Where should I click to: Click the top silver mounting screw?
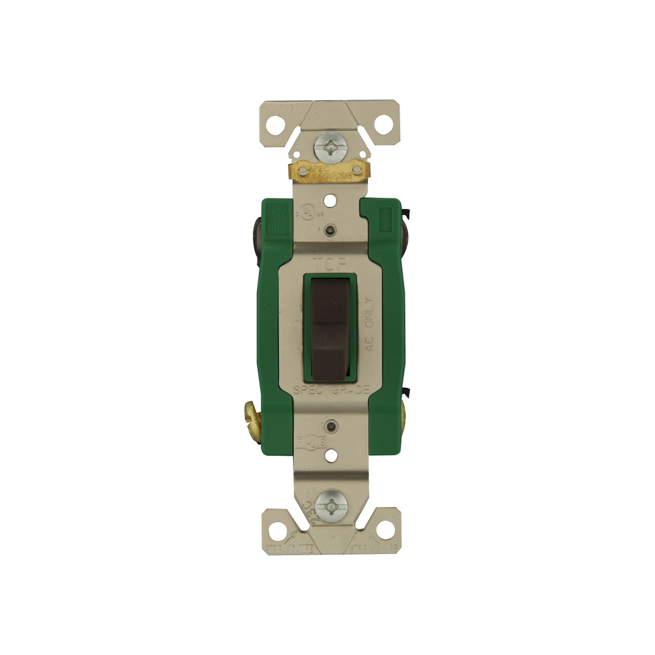coord(329,148)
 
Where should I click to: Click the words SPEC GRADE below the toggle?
coord(331,390)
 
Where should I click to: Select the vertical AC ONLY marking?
coord(369,324)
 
